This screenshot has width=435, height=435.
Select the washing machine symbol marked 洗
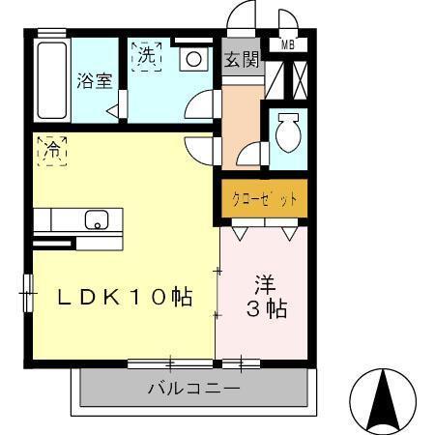(x=146, y=56)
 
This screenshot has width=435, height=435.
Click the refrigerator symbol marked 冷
(x=52, y=152)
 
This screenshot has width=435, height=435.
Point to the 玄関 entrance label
(x=242, y=59)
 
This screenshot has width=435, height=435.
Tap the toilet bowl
(x=287, y=132)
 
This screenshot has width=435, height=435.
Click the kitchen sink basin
(x=98, y=219)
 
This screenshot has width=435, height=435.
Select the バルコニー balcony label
(x=193, y=391)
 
